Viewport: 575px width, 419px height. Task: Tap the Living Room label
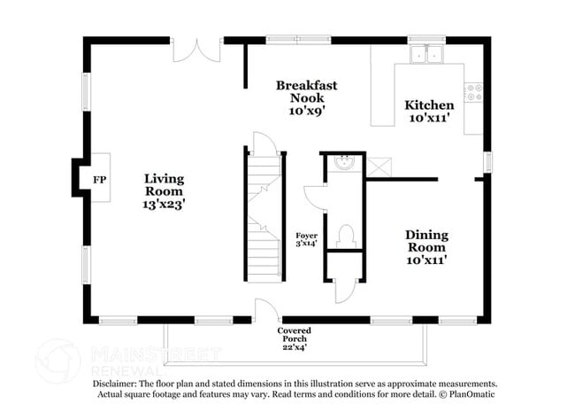164,184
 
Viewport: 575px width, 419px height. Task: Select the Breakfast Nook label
306,91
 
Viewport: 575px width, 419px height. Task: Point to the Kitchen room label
429,105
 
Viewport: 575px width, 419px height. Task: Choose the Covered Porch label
294,336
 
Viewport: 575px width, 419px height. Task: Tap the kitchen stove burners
473,90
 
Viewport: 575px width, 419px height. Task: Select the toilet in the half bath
347,236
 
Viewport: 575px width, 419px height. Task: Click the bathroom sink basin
345,162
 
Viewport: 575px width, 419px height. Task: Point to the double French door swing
195,50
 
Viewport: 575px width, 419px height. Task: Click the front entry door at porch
266,310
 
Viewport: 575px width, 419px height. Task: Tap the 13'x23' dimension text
164,204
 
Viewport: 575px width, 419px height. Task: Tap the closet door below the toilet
345,291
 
